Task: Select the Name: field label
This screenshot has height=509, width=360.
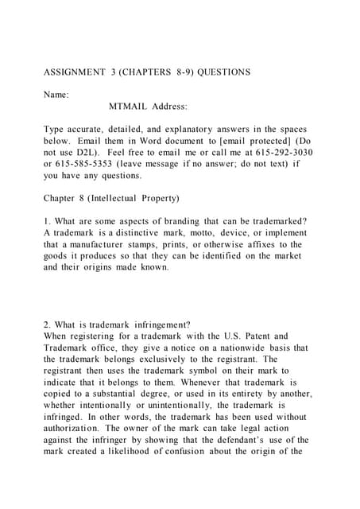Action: (56, 94)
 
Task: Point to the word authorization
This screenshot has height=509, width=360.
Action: (77, 429)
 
